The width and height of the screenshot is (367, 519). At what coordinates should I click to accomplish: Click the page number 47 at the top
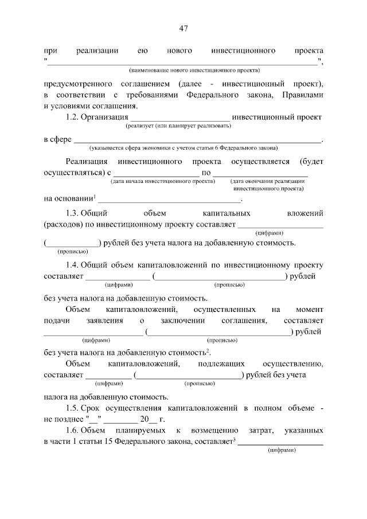click(x=183, y=29)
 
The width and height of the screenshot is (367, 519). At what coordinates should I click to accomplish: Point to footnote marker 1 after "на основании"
click(x=95, y=197)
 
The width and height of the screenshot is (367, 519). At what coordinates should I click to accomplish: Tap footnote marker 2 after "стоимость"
click(x=208, y=350)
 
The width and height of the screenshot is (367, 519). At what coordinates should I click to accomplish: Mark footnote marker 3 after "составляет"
click(x=235, y=439)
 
